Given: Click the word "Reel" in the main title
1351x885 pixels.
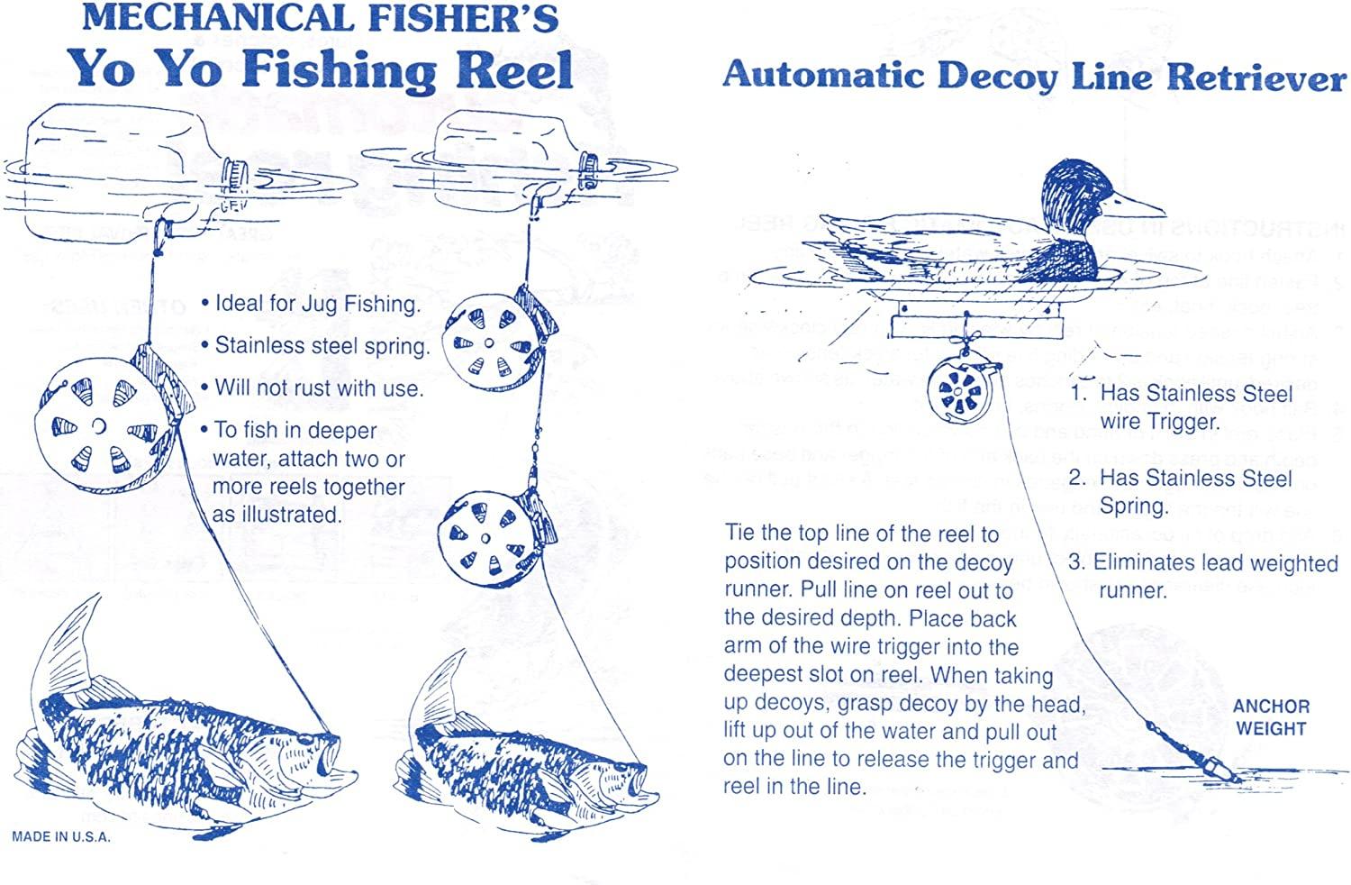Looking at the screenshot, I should click(514, 70).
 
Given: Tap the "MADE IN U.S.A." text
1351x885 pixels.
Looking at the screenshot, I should click(61, 836).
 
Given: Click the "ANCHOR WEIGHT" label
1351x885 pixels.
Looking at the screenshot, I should click(1271, 717).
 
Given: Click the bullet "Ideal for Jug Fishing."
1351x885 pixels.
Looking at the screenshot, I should click(310, 304).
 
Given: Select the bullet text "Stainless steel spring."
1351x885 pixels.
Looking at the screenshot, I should click(315, 345).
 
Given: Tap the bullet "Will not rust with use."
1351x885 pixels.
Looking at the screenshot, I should click(312, 388).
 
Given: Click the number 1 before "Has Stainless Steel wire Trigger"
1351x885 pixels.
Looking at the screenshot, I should click(1078, 393).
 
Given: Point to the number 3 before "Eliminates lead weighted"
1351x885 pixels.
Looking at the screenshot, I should click(1075, 562).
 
